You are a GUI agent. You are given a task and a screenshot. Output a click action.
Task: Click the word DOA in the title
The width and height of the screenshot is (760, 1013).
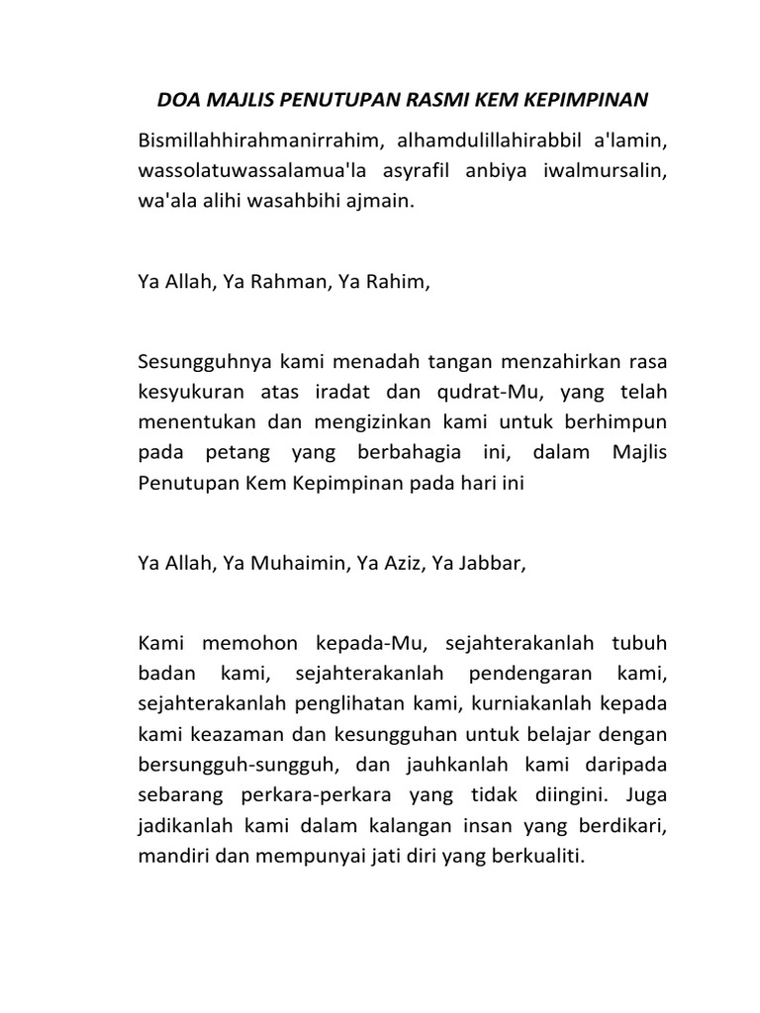[179, 100]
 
